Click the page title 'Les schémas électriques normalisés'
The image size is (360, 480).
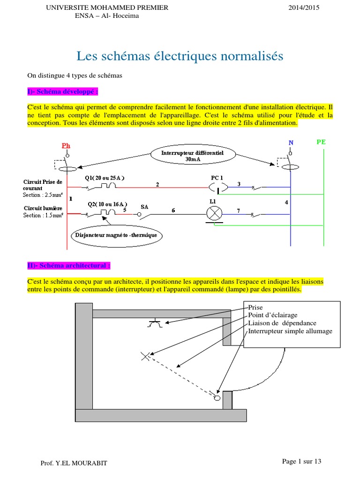coord(180,57)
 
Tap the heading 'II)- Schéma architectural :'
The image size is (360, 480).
coord(68,266)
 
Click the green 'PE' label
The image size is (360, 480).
coord(322,141)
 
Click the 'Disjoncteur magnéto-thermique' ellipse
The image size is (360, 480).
coord(117,234)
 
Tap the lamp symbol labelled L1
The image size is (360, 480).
coord(215,214)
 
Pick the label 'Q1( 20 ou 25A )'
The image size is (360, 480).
coord(105,178)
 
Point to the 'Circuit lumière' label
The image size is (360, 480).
coord(43,209)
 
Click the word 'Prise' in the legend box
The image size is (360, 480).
coord(255,307)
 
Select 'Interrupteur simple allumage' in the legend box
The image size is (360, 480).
coord(290,331)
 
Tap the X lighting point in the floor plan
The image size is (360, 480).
coord(145,356)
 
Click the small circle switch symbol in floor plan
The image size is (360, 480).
coord(217,398)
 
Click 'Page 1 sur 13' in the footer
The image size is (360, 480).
coord(301,461)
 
